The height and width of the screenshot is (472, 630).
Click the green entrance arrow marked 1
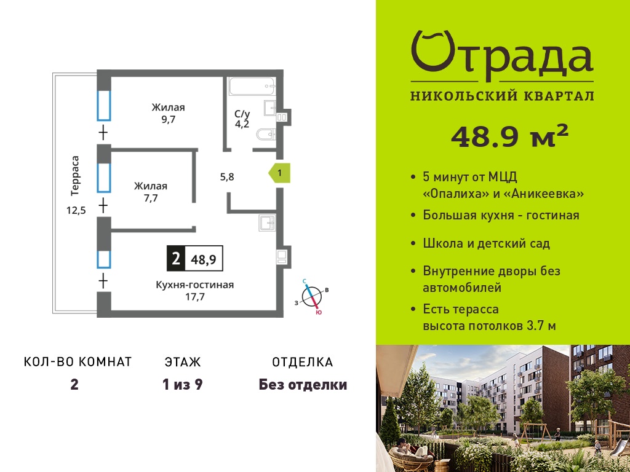pos(280,173)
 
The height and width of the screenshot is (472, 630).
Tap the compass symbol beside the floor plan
pos(312,296)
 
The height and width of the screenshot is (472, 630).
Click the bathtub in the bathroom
pos(252,86)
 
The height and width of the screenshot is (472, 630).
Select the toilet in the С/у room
pos(266,134)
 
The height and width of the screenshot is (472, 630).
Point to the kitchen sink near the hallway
pos(267,222)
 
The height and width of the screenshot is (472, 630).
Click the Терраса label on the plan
pos(75,175)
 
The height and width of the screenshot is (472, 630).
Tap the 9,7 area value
pos(169,120)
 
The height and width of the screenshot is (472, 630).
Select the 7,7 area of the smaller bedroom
pos(151,198)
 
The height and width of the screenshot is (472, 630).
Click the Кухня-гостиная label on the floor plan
pos(195,285)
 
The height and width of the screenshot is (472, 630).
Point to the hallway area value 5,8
pos(227,176)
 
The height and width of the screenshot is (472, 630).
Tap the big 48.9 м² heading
pos(510,136)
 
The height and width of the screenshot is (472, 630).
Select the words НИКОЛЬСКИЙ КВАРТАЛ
pos(502,96)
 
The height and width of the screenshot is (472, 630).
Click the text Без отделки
pos(303,385)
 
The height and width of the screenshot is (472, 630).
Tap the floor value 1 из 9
pos(182,385)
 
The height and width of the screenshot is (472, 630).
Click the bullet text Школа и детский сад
pos(487,243)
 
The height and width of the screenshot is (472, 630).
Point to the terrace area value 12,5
pos(76,210)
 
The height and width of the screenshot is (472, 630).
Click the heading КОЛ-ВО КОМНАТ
pos(78,362)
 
